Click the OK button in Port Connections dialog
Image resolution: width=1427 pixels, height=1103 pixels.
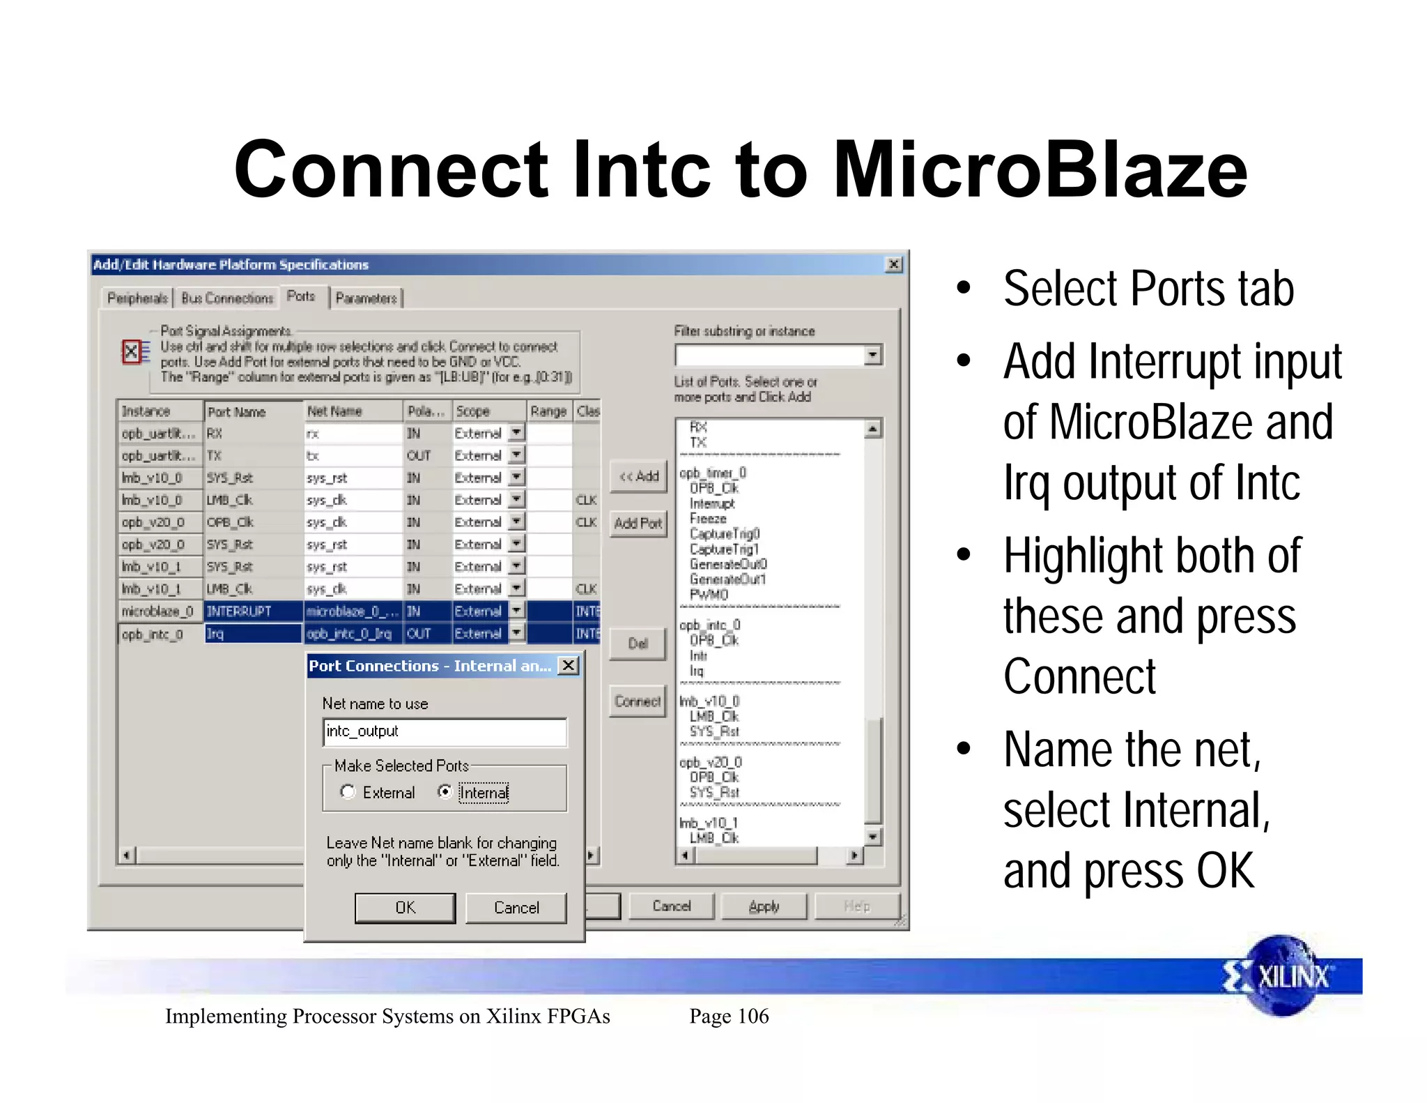pos(405,908)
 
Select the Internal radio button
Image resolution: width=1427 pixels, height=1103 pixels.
pos(445,792)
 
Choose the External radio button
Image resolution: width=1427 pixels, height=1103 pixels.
pos(348,792)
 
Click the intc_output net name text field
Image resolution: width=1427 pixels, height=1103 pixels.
pos(445,732)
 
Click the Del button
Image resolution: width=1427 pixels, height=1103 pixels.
pos(638,644)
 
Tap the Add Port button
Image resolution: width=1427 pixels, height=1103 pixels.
pos(638,524)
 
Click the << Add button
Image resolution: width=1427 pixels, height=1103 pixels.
pos(638,477)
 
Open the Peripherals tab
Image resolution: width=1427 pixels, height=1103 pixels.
pos(137,298)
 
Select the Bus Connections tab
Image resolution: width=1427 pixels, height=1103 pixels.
pos(227,298)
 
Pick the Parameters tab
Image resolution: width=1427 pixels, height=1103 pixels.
pos(366,298)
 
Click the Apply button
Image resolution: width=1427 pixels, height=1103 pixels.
pos(764,906)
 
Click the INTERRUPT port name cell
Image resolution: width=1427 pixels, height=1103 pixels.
pos(253,611)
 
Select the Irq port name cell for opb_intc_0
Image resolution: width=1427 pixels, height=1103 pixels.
pos(253,634)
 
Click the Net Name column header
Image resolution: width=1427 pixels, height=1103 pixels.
pos(353,411)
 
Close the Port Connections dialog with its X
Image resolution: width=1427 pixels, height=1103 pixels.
pos(569,666)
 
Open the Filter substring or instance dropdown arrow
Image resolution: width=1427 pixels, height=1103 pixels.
pos(872,356)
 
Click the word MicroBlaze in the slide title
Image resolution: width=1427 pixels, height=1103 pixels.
pos(1040,170)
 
